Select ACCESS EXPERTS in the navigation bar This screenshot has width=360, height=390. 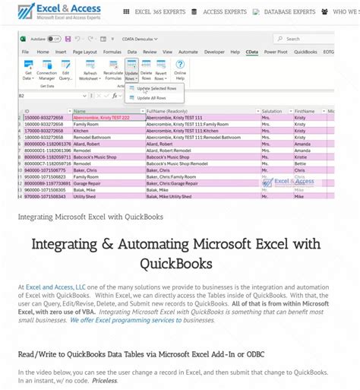(224, 12)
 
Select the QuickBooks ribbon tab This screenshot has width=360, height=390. (305, 52)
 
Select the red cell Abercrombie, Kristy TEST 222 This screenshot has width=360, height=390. (101, 118)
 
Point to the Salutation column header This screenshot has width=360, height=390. (273, 111)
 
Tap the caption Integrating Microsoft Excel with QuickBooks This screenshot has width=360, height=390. (90, 216)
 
